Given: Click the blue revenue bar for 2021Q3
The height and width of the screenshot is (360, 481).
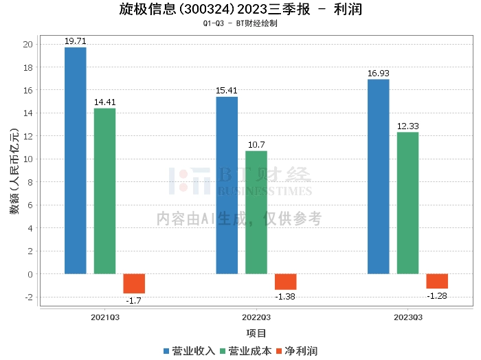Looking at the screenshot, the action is (x=76, y=160).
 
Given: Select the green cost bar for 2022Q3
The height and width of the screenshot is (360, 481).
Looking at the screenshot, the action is (x=256, y=212).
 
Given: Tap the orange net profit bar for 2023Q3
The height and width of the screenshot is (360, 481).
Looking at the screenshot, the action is (x=437, y=281).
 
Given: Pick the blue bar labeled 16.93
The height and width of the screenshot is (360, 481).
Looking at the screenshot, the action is (x=378, y=177).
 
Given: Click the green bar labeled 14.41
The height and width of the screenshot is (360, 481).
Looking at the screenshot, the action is (x=104, y=191).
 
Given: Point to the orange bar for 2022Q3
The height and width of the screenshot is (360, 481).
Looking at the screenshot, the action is (x=286, y=282).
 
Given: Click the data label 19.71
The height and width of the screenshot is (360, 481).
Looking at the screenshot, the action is (x=75, y=41).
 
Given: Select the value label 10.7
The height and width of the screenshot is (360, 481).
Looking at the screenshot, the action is (x=256, y=145).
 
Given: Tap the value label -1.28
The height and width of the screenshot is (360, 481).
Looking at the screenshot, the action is (x=437, y=296).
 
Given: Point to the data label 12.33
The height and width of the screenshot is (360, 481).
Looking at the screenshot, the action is (x=407, y=126).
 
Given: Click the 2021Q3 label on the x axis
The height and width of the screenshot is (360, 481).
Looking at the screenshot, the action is (x=105, y=317).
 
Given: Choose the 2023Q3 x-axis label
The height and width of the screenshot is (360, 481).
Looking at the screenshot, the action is (x=408, y=317).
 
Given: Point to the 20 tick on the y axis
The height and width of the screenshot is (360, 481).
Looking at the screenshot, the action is (x=28, y=45).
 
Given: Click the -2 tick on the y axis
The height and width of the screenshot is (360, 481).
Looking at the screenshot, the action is (x=28, y=297).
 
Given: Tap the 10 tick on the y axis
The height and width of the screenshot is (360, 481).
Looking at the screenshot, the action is (x=28, y=159).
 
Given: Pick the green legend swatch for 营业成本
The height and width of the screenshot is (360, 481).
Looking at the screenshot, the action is (x=223, y=351).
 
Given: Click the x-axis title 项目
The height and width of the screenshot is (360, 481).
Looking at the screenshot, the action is (x=256, y=333).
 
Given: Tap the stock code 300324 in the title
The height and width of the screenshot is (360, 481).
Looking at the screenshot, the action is (x=206, y=10).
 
